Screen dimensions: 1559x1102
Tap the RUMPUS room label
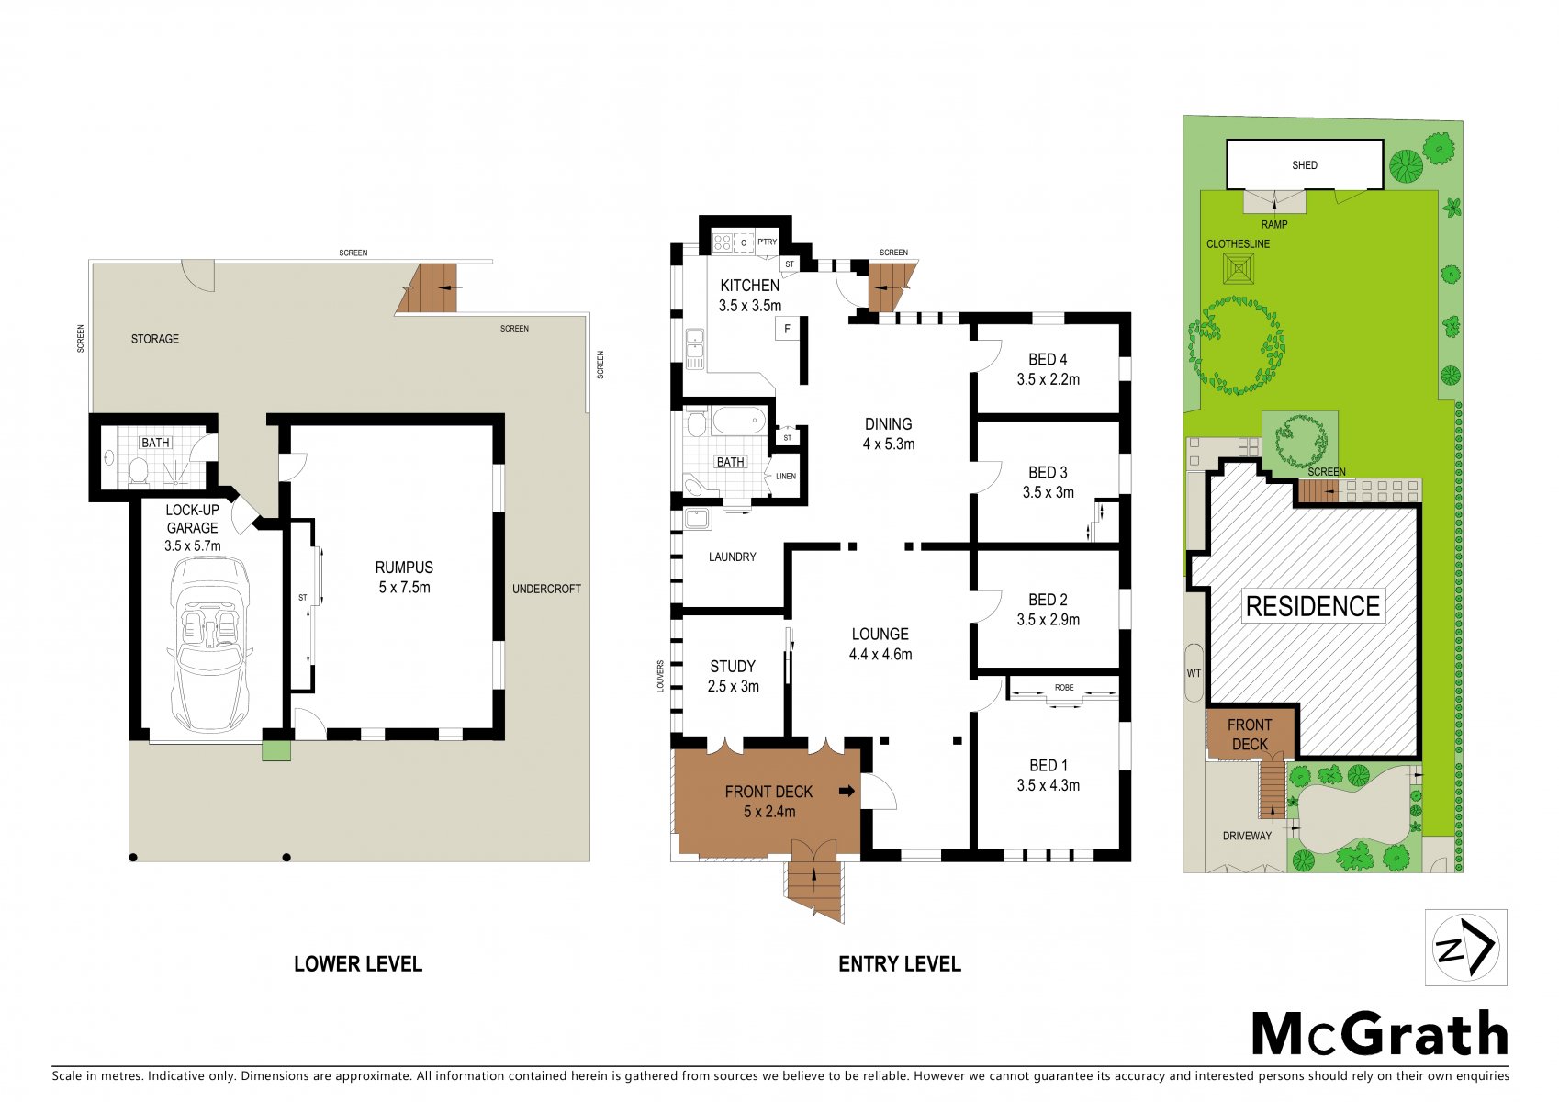click(404, 568)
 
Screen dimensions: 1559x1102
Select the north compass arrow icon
click(1465, 948)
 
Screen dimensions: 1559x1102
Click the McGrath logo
click(1379, 1034)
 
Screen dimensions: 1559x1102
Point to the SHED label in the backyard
click(1305, 165)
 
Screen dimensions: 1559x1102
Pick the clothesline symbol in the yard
click(1239, 268)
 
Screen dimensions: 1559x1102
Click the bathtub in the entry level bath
click(738, 422)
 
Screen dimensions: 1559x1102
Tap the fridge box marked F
click(787, 329)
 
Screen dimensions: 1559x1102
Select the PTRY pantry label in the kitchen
click(767, 242)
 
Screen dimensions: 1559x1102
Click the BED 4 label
click(1048, 359)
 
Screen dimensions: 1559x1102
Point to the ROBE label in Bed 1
click(1064, 687)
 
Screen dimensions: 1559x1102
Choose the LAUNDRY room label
click(732, 557)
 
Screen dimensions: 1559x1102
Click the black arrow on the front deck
click(847, 791)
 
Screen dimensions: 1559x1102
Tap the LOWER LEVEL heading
click(358, 964)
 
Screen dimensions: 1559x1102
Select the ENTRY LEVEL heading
click(899, 964)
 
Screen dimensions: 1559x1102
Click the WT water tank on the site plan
click(1194, 672)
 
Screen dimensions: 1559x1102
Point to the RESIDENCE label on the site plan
click(1313, 606)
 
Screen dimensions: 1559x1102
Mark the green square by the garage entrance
click(276, 751)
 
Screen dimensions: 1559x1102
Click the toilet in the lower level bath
click(139, 470)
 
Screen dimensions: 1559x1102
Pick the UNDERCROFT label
click(546, 589)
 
